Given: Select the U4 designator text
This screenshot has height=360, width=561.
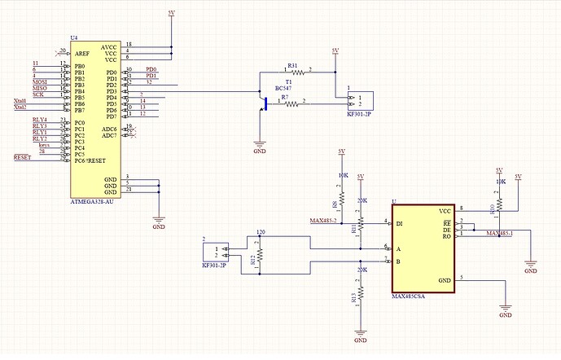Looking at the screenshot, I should pos(75,38).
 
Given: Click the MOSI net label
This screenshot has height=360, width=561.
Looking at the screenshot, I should pos(40,82).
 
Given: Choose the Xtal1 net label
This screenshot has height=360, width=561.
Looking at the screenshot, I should pos(20,100).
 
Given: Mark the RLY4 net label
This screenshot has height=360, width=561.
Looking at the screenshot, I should pos(39,120).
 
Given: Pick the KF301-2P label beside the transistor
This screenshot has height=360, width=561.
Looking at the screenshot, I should pos(358,115).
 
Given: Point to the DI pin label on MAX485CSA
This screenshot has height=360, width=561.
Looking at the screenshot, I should pos(400,222).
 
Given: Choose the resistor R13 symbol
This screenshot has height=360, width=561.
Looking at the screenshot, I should pos(360,297).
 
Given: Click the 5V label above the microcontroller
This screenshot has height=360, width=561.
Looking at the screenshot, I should pos(171,14).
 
